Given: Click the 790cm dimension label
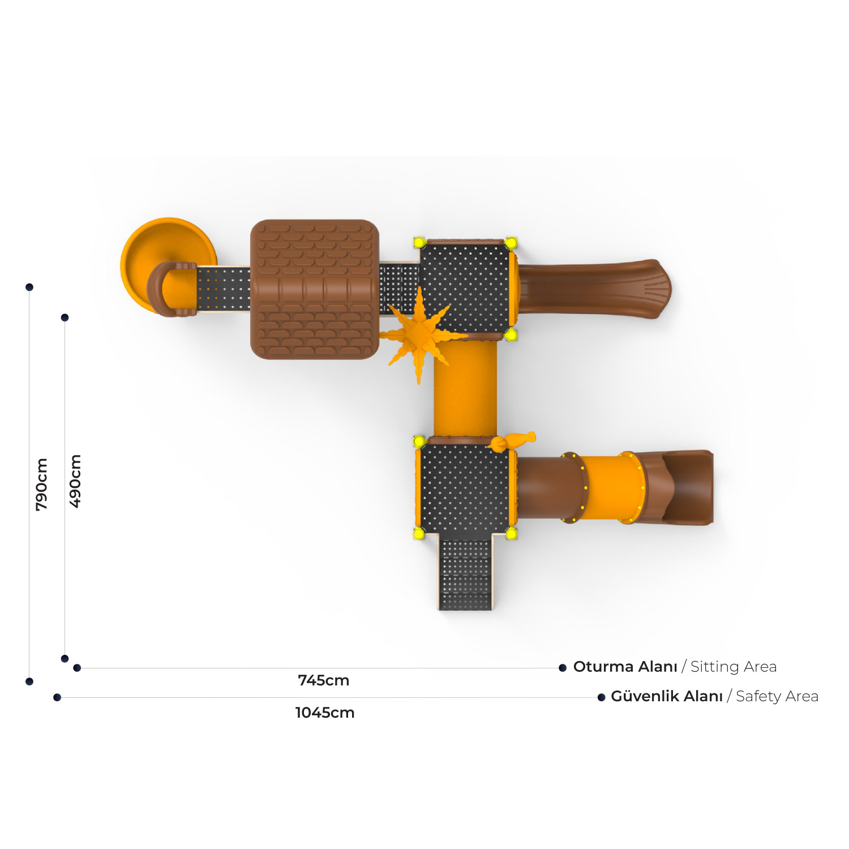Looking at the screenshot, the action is (41, 484).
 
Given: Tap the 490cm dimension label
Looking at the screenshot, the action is (75, 481).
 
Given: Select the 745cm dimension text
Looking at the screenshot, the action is (324, 680).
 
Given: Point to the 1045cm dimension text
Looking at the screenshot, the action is (325, 713).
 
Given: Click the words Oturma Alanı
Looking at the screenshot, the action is (625, 667).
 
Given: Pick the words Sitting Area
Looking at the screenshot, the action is (734, 667).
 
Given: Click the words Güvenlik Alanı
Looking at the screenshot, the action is (667, 696).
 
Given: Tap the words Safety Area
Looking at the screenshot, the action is (777, 697).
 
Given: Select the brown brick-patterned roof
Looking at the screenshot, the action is (315, 289).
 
